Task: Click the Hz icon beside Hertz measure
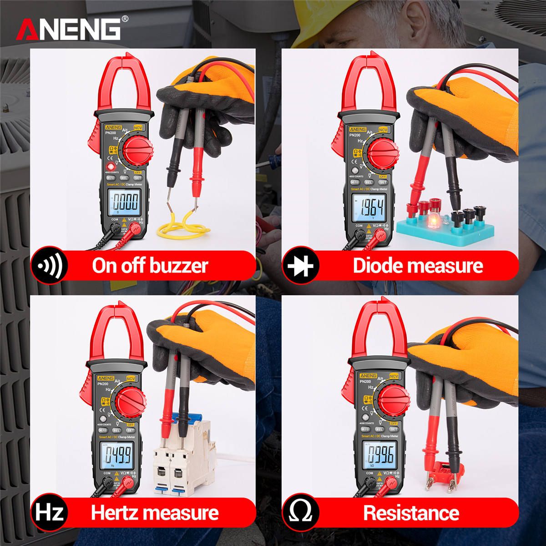[x=49, y=513]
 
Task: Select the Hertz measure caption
[x=155, y=513]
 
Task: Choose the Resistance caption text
[x=411, y=513]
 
